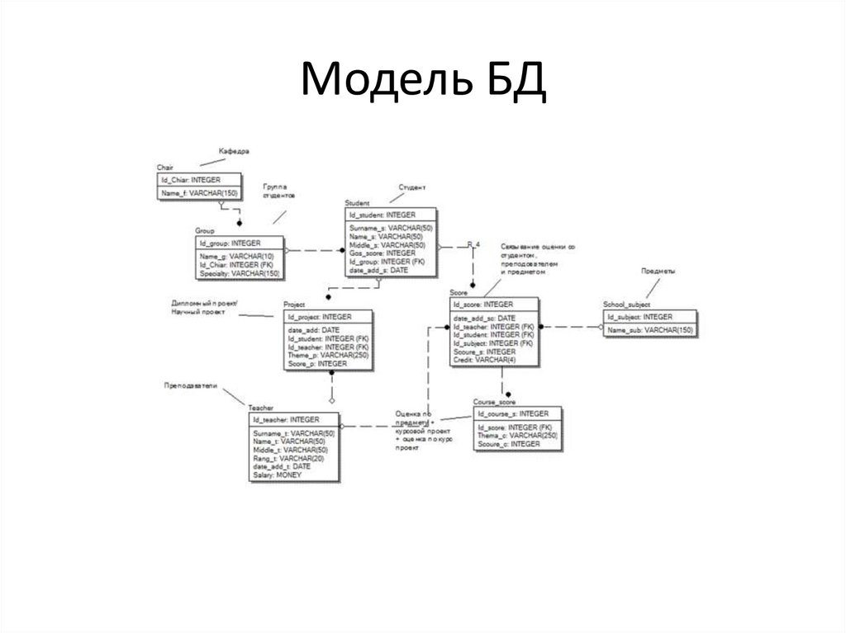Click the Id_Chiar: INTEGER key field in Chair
coord(190,179)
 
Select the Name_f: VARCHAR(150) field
coord(198,192)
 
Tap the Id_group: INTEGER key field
coord(230,243)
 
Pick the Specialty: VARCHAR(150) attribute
coord(239,273)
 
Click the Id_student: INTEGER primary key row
coord(383,215)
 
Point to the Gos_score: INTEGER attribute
coord(383,253)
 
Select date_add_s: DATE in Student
coord(378,270)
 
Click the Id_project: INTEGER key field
coord(319,317)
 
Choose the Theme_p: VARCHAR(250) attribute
coord(327,355)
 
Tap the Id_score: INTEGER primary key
coord(483,305)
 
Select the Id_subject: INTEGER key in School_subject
coord(639,317)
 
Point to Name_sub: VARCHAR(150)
coord(649,330)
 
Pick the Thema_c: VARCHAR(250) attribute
coord(517,435)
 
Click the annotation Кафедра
coord(234,152)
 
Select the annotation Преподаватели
coord(190,385)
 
